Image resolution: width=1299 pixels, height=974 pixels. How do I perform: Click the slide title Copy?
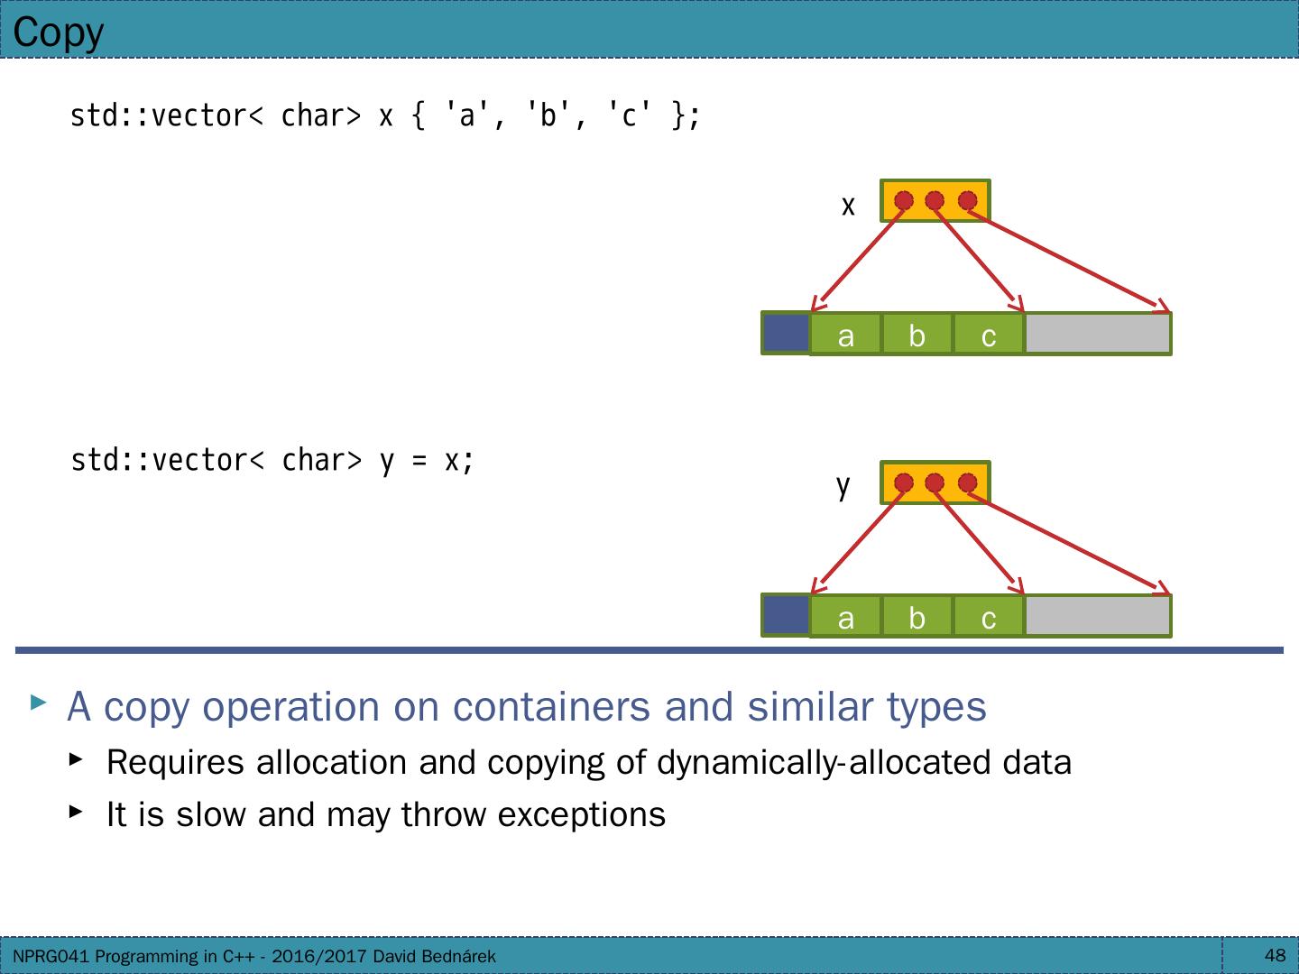pyautogui.click(x=59, y=32)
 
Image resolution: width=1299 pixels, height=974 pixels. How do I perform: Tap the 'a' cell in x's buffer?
pyautogui.click(x=845, y=335)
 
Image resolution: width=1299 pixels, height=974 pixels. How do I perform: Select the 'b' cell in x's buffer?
pyautogui.click(x=917, y=335)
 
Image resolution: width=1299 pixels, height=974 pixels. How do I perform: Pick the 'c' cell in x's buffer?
pyautogui.click(x=988, y=335)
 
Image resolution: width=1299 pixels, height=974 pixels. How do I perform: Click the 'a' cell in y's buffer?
pyautogui.click(x=845, y=618)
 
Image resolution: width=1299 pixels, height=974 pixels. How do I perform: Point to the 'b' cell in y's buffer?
pyautogui.click(x=917, y=618)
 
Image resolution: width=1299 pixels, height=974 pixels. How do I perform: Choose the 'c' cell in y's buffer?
pyautogui.click(x=988, y=618)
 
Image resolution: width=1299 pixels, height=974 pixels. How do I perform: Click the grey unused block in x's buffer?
pyautogui.click(x=1097, y=334)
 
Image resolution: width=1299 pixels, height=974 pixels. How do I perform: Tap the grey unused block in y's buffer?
pyautogui.click(x=1097, y=616)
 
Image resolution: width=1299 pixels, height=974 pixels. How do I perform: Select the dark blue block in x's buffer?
pyautogui.click(x=786, y=333)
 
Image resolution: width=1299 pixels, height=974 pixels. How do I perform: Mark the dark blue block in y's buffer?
pyautogui.click(x=786, y=615)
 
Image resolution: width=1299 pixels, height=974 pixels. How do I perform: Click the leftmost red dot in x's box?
pyautogui.click(x=904, y=200)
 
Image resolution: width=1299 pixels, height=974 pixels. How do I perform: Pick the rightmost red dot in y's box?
pyautogui.click(x=967, y=483)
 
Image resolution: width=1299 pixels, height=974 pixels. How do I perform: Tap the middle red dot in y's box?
pyautogui.click(x=935, y=483)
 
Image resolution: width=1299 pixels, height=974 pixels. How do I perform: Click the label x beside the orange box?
pyautogui.click(x=848, y=207)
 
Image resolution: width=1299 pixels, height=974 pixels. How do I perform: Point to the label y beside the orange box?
pyautogui.click(x=843, y=487)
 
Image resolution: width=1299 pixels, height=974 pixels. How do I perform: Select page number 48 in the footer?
pyautogui.click(x=1275, y=955)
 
